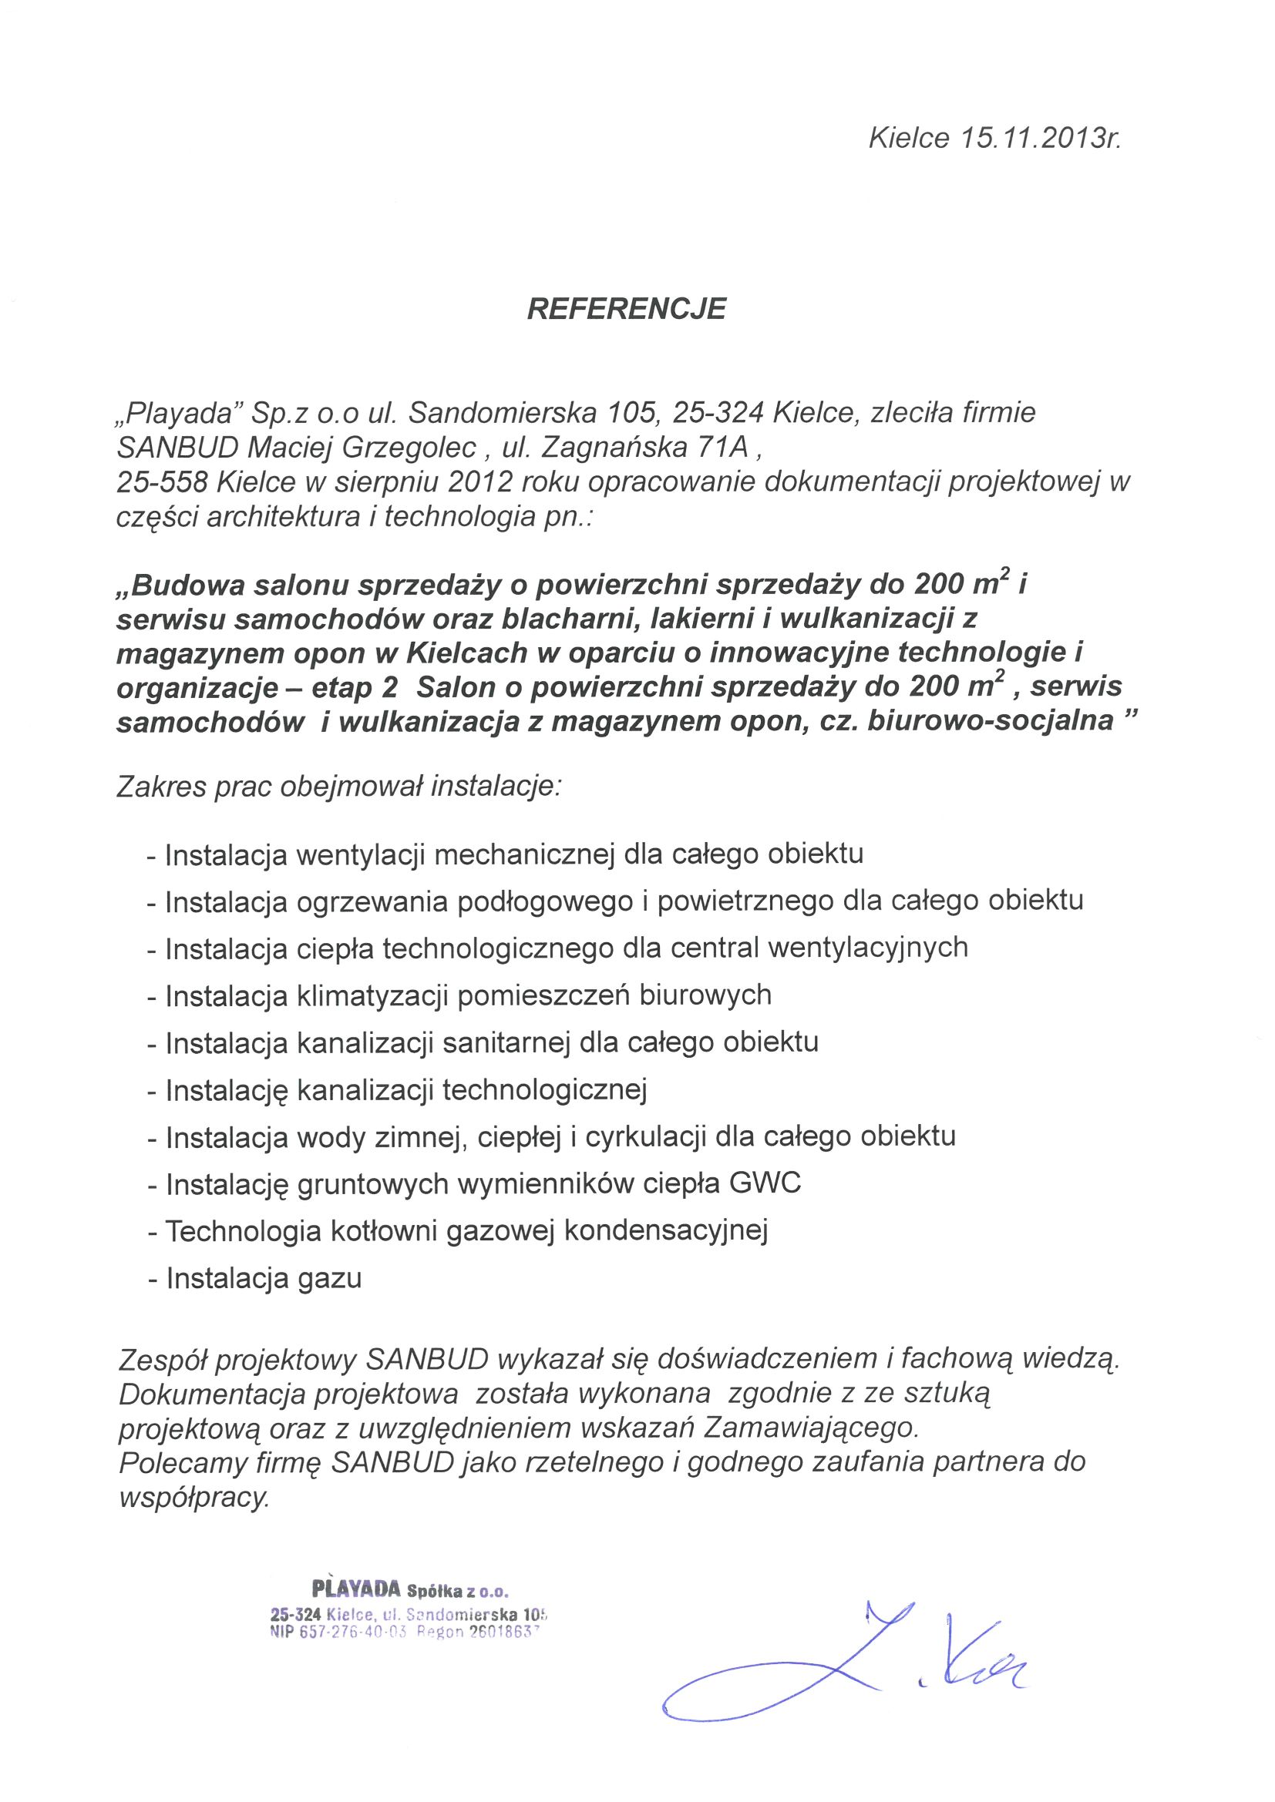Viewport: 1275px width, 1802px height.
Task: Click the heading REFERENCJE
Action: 626,309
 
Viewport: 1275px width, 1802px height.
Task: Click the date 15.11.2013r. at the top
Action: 1039,139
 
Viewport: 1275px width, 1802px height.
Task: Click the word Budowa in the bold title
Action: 181,586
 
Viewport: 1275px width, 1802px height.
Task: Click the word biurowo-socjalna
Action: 991,721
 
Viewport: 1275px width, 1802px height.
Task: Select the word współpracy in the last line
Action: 193,1497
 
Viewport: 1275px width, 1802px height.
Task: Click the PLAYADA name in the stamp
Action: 356,1590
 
